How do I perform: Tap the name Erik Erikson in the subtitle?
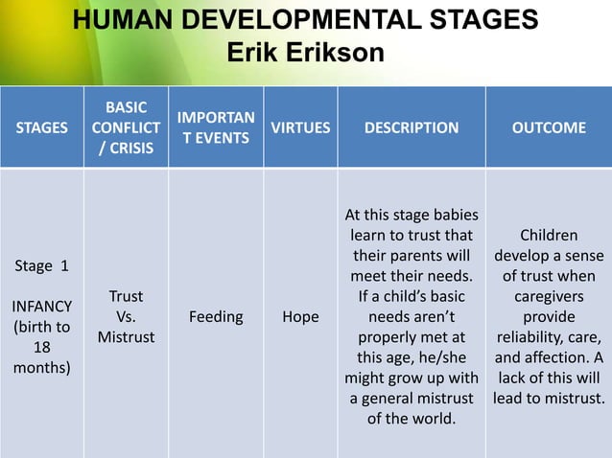pyautogui.click(x=305, y=52)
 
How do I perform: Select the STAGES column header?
pyautogui.click(x=41, y=127)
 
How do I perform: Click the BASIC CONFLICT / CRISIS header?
pyautogui.click(x=127, y=127)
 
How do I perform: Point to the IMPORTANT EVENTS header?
pyautogui.click(x=217, y=127)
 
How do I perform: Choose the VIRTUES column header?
pyautogui.click(x=300, y=127)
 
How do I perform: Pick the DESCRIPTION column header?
pyautogui.click(x=411, y=127)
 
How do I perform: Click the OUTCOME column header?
pyautogui.click(x=548, y=127)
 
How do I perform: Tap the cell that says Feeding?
pyautogui.click(x=216, y=316)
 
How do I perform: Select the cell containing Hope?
pyautogui.click(x=300, y=316)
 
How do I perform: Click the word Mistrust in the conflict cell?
pyautogui.click(x=127, y=337)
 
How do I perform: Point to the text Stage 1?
pyautogui.click(x=41, y=264)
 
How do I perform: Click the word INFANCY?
pyautogui.click(x=41, y=307)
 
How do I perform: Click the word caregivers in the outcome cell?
pyautogui.click(x=548, y=296)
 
